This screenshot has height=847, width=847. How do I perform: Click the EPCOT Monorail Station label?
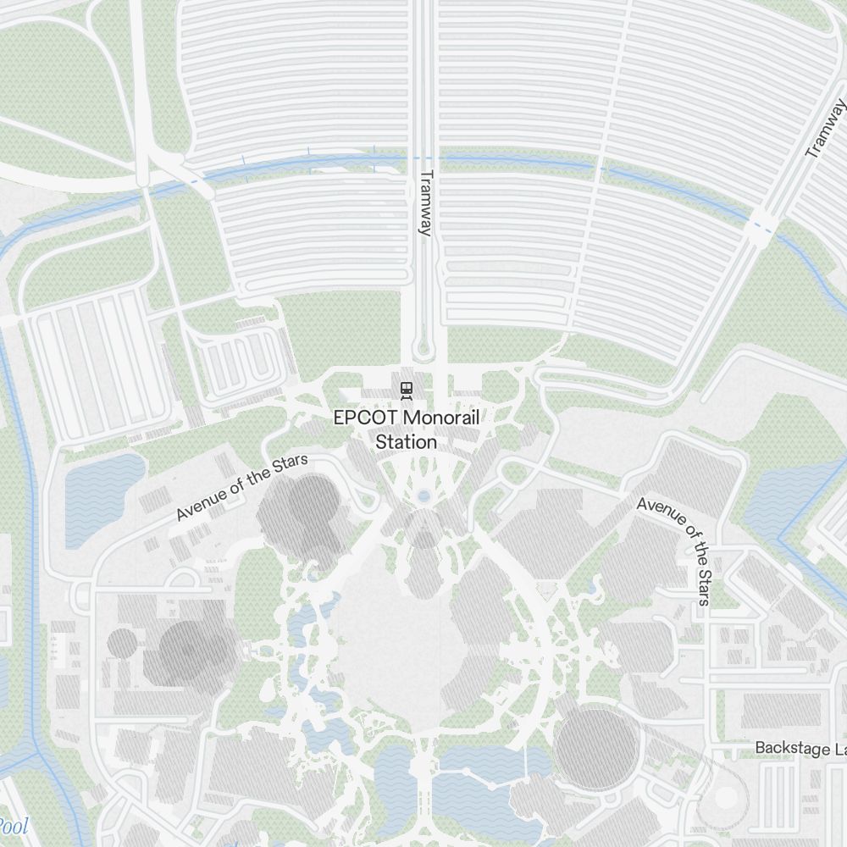pos(407,429)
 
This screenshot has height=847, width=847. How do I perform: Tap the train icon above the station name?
pos(407,390)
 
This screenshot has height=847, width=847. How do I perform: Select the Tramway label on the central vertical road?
pos(426,204)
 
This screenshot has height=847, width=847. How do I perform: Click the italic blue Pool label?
pos(13,826)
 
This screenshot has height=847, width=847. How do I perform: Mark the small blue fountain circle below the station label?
pos(423,495)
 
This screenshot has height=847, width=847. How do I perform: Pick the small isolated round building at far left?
pos(122,643)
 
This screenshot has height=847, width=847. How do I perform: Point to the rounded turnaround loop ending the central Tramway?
pos(424,349)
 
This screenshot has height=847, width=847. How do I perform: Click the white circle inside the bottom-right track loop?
pos(726,796)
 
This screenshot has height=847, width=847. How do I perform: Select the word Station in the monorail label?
pos(407,442)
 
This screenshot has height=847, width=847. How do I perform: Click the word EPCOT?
pos(366,418)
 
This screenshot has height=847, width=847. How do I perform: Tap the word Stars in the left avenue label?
pos(290,469)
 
